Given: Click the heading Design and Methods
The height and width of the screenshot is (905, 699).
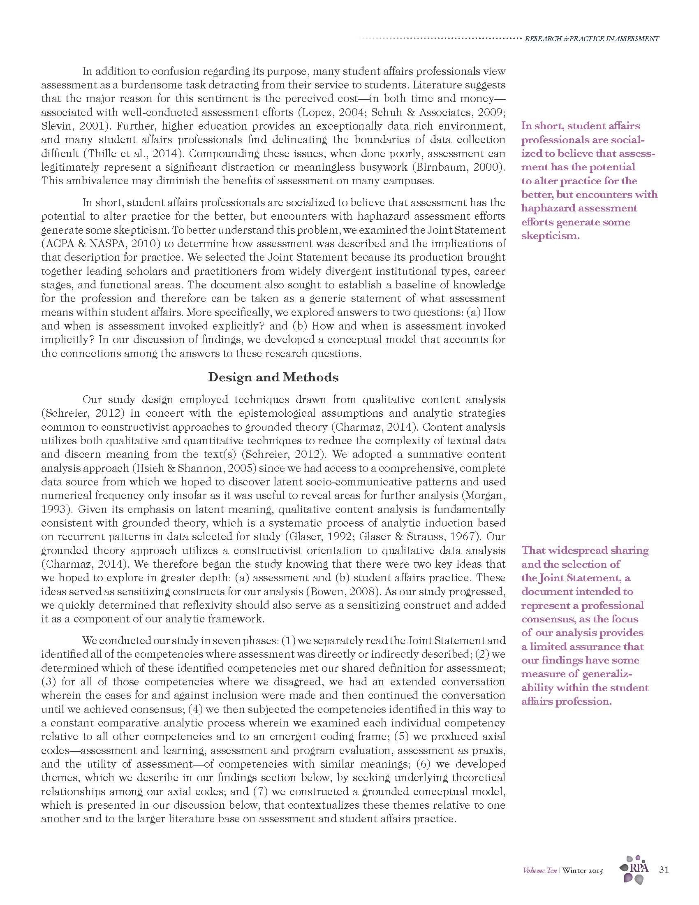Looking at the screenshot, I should point(273,378).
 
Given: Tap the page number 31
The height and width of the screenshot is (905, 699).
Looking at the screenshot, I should point(663,869).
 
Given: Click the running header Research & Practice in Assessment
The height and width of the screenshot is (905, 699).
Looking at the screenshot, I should point(591,39).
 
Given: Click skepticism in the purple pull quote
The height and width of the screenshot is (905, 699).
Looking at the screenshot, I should point(550,236).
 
